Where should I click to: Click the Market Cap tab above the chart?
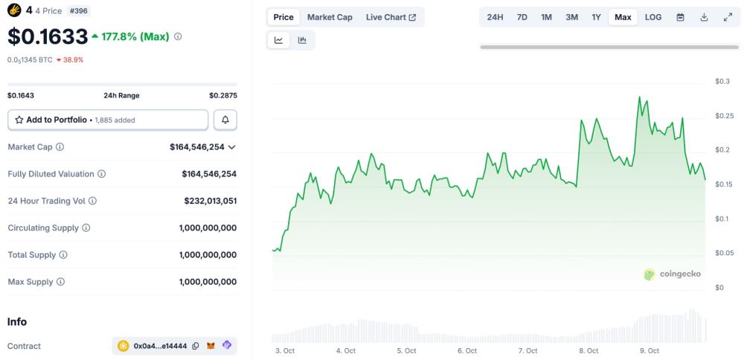click(330, 17)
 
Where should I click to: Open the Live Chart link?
click(391, 17)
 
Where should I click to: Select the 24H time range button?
click(495, 17)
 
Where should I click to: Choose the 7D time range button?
click(522, 17)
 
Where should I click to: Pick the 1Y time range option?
click(596, 17)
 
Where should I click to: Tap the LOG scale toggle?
click(652, 17)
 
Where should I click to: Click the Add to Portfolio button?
click(108, 120)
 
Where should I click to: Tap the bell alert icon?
click(225, 120)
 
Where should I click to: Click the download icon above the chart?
click(704, 17)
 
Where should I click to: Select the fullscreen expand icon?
click(728, 17)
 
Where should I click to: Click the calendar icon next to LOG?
click(680, 17)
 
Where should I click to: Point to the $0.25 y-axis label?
click(724, 115)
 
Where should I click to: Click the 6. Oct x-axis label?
click(467, 350)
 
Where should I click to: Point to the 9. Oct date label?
click(650, 350)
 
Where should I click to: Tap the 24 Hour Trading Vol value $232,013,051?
click(211, 201)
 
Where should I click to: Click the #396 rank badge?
click(78, 11)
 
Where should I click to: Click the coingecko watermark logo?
click(672, 274)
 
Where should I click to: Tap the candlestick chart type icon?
click(302, 40)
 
